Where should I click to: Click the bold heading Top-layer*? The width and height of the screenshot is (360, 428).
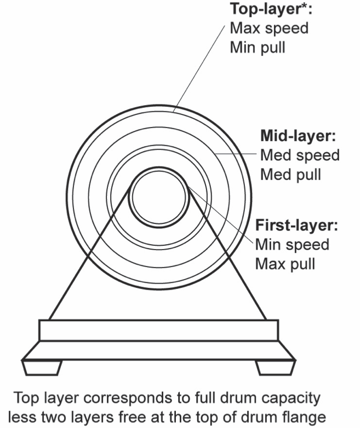[270, 9]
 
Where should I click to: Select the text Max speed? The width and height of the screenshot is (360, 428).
[269, 28]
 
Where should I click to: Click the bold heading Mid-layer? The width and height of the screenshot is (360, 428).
[299, 136]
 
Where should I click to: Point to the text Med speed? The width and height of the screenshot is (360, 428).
[300, 155]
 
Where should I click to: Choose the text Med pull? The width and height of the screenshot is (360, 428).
[290, 175]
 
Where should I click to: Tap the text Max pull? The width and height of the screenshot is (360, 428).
[285, 263]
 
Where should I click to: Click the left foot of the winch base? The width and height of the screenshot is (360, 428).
[42, 366]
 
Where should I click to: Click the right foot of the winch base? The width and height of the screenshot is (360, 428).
[276, 366]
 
